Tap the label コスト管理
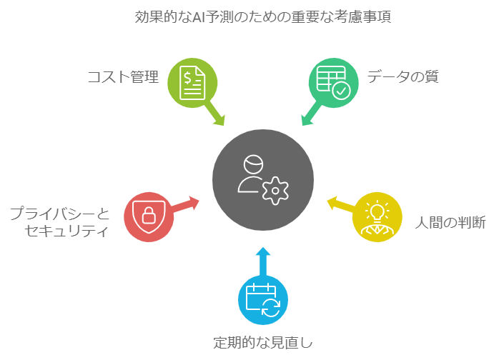122,76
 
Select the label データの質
402,76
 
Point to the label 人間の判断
450,222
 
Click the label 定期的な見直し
263,341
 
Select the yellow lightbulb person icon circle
378,216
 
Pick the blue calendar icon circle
262,299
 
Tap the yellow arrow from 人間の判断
340,206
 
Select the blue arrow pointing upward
262,261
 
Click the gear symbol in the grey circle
275,190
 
